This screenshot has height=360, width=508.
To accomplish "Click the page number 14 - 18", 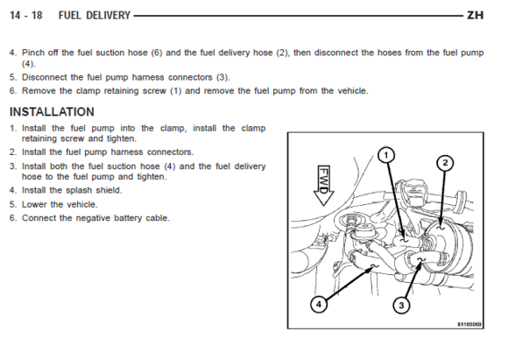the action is click(x=26, y=15).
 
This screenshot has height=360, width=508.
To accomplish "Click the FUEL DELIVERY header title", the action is click(x=95, y=15).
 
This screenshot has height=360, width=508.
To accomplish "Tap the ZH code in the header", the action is click(x=475, y=15).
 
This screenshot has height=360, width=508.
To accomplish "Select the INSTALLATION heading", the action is click(x=52, y=112).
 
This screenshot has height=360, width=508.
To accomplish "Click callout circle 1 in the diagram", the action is click(x=386, y=156).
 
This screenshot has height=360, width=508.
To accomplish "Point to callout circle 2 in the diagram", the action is click(x=445, y=163).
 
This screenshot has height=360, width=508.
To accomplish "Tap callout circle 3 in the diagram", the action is click(x=401, y=305).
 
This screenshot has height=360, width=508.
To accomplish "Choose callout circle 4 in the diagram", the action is click(x=319, y=304).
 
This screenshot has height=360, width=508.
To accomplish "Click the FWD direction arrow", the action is click(x=324, y=186).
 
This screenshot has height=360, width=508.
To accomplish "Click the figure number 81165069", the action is click(x=469, y=324).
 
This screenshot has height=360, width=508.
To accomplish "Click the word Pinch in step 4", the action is click(x=32, y=53).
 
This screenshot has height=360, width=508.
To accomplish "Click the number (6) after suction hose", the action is click(x=157, y=53).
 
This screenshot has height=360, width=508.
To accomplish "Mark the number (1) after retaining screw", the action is click(x=175, y=91).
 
